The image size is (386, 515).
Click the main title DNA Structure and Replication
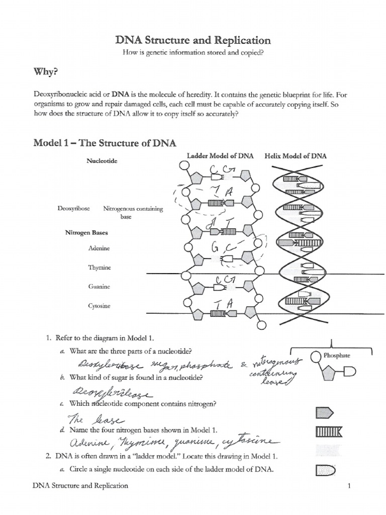pyautogui.click(x=192, y=40)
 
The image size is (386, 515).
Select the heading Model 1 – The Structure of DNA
pyautogui.click(x=105, y=143)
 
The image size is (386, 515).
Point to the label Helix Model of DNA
pyautogui.click(x=296, y=156)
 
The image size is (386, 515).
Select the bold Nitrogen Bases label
pyautogui.click(x=86, y=233)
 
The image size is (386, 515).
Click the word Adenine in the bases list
pyautogui.click(x=99, y=248)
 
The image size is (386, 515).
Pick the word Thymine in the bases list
pyautogui.click(x=100, y=268)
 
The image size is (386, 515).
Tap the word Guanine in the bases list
pyautogui.click(x=99, y=287)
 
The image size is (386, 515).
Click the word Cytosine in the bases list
pyautogui.click(x=99, y=306)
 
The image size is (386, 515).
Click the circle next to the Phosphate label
pyautogui.click(x=316, y=357)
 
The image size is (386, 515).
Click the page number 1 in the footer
pyautogui.click(x=348, y=486)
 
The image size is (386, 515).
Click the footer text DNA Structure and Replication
pyautogui.click(x=80, y=486)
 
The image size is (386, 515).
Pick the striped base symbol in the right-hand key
pyautogui.click(x=329, y=432)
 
